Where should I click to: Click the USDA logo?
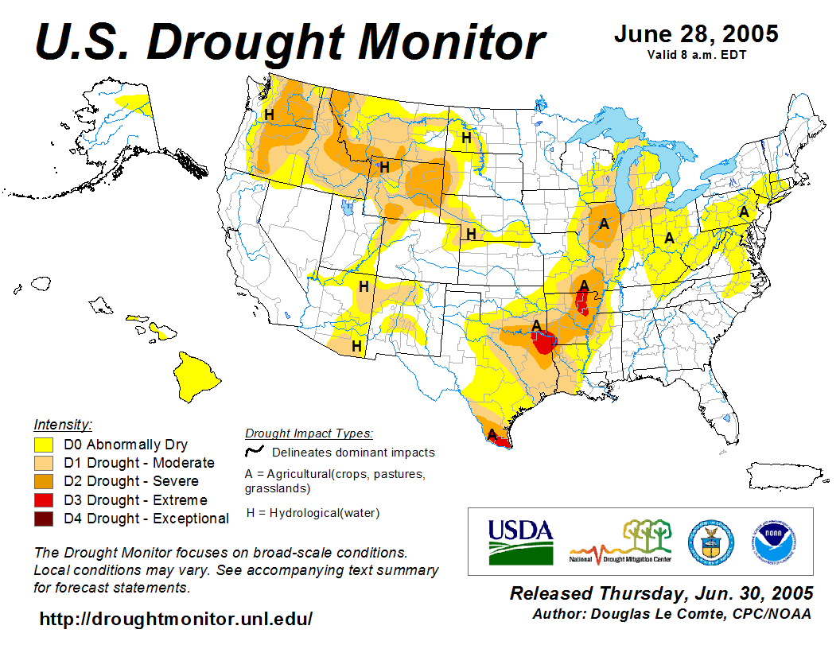tap(520, 541)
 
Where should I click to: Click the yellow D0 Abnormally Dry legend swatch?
tap(44, 445)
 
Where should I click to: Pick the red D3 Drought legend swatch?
tap(44, 500)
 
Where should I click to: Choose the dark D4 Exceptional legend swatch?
tap(44, 519)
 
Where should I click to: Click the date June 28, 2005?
tap(696, 34)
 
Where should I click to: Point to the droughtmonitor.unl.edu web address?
tap(176, 618)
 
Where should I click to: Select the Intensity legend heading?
tap(63, 425)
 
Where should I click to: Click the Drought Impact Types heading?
tap(309, 433)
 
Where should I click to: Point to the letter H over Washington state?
tap(269, 115)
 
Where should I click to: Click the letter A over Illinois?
tap(604, 223)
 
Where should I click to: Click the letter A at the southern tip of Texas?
tap(492, 434)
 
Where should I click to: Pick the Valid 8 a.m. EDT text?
tap(696, 55)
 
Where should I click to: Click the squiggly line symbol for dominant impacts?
tap(255, 452)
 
